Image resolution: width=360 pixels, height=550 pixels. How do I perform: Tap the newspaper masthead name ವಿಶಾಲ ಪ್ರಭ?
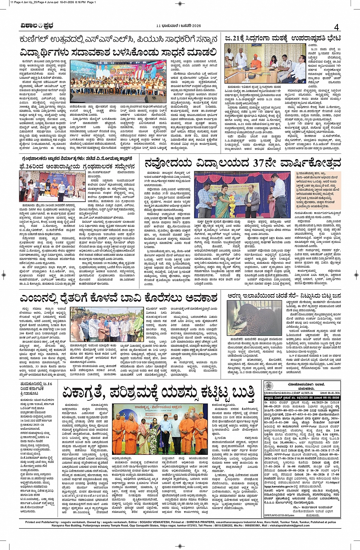point(37,26)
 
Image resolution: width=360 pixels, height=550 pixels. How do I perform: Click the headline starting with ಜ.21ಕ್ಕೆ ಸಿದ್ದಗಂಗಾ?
point(283,38)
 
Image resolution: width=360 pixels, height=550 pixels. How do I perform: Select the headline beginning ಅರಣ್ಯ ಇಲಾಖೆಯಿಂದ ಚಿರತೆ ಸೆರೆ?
point(284,296)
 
